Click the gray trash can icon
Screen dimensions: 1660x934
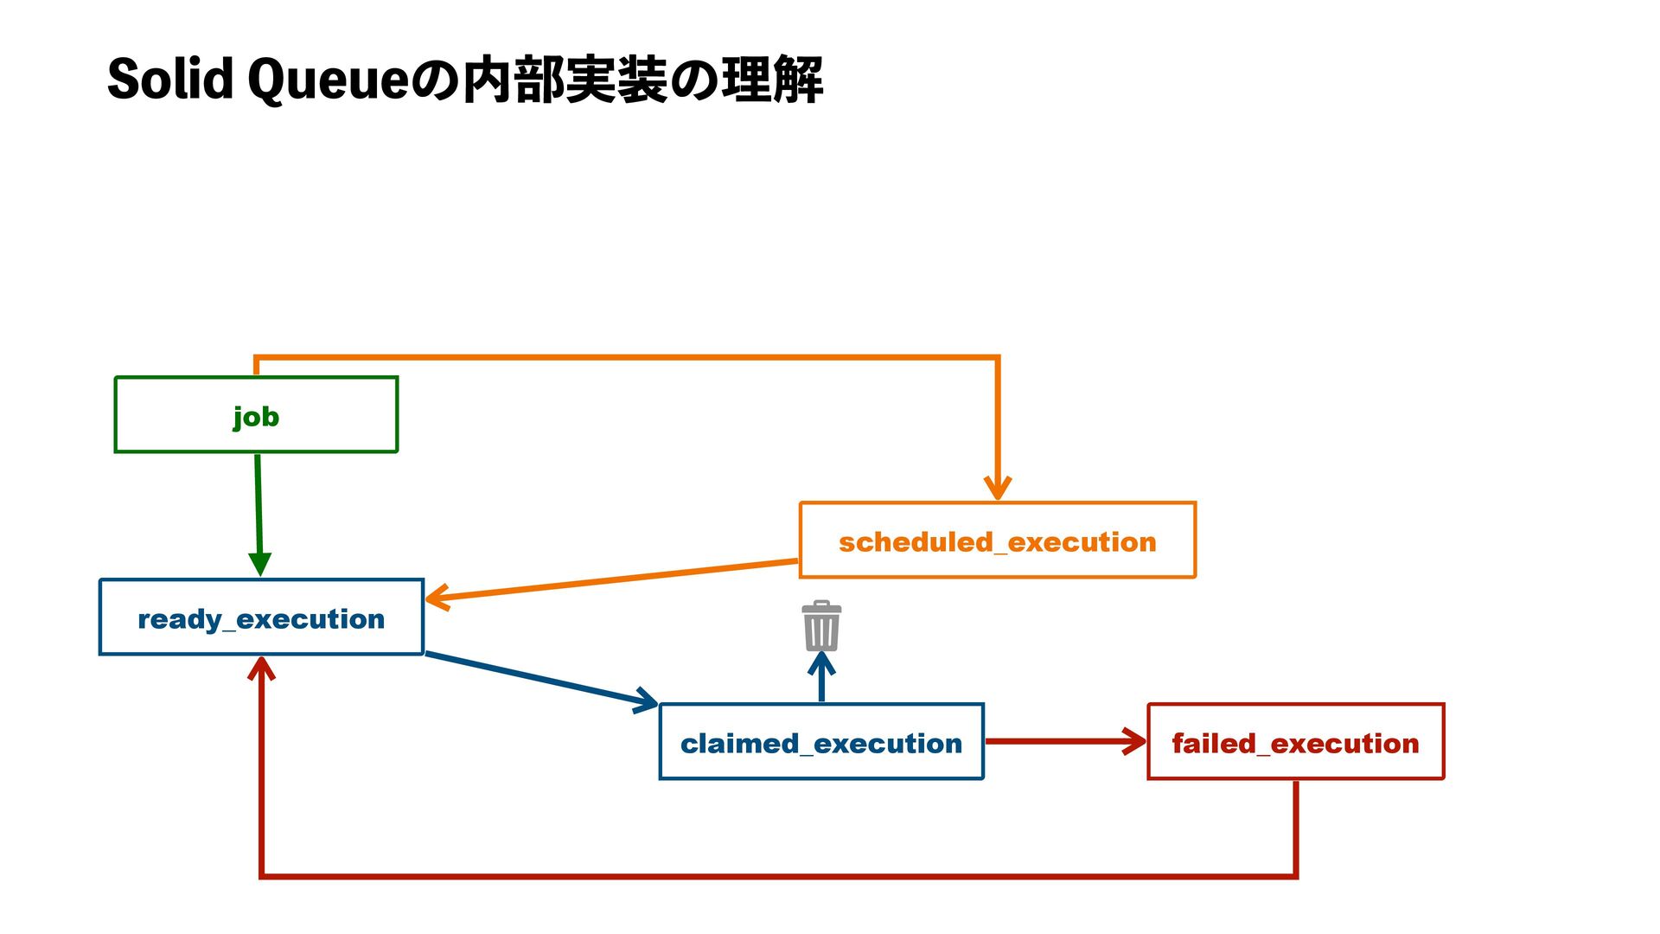(821, 625)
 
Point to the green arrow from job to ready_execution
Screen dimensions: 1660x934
(259, 515)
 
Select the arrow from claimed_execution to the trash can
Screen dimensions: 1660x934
(821, 676)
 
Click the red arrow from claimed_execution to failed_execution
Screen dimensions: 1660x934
(1066, 741)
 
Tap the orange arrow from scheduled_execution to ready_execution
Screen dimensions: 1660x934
(611, 579)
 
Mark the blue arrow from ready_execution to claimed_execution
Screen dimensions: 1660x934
(542, 681)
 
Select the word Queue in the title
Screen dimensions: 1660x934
(328, 80)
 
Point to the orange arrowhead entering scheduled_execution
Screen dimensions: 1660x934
(998, 488)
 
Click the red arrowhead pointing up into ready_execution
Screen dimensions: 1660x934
(261, 668)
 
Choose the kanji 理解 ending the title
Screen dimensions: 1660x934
(771, 80)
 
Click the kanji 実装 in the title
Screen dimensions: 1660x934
(616, 80)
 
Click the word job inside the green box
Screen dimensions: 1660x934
(256, 417)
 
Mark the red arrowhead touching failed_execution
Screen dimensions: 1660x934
(1134, 741)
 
